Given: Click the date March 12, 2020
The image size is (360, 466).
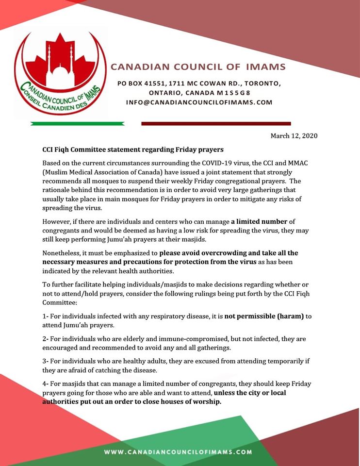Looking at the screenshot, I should (x=294, y=136).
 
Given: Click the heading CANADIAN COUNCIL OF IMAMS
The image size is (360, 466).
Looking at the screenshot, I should (x=198, y=67).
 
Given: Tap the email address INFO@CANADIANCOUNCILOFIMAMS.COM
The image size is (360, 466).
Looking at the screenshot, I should (x=199, y=102).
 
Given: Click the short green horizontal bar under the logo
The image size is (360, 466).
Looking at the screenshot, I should (x=77, y=124).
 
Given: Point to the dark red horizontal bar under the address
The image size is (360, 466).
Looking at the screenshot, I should (x=216, y=124).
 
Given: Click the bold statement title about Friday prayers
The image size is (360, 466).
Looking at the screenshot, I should (x=133, y=150).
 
